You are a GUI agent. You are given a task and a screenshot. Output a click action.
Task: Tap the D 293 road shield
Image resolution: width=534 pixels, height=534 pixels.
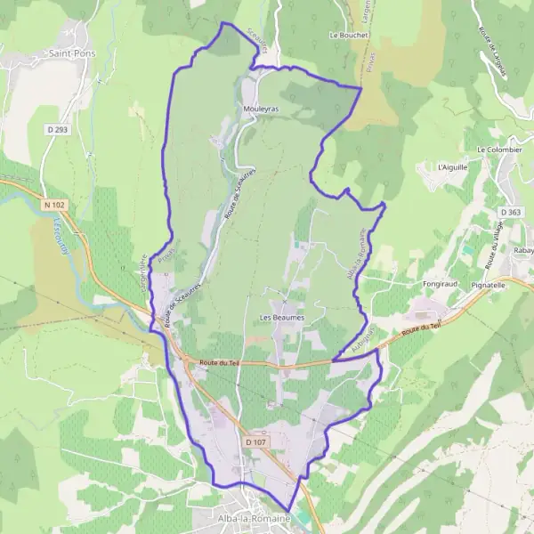(57, 129)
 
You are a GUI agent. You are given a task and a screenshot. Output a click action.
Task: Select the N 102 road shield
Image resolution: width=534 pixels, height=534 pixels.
(53, 205)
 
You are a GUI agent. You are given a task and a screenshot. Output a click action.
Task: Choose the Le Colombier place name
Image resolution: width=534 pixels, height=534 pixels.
(499, 150)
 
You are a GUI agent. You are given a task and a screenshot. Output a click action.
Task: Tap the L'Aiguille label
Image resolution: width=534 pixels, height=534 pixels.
(452, 166)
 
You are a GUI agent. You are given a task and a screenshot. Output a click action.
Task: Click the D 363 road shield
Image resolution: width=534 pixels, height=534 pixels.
(510, 212)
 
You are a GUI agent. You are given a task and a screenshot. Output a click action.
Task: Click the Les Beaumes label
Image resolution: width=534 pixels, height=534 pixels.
(282, 317)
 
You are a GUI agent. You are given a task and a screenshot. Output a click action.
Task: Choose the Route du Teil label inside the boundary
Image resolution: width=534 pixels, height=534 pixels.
(220, 362)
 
